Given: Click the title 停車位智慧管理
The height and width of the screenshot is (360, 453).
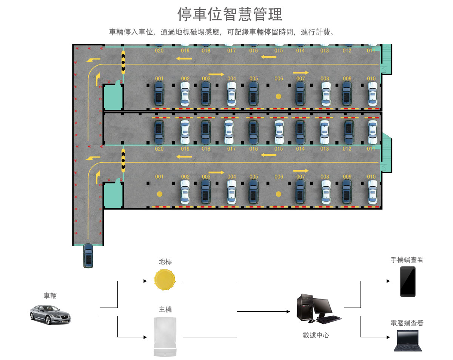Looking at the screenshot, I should pyautogui.click(x=230, y=15).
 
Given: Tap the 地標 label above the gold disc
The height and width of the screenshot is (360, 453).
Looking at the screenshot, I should pyautogui.click(x=165, y=262).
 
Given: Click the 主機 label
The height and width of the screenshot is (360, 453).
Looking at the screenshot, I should pyautogui.click(x=165, y=309).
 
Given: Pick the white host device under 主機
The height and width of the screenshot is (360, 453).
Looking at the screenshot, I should pyautogui.click(x=165, y=337).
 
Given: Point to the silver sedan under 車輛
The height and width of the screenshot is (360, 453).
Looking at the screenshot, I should pyautogui.click(x=50, y=314).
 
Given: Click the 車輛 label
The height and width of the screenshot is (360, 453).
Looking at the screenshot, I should pyautogui.click(x=50, y=295).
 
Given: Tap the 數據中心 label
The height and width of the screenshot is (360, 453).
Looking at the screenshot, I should pyautogui.click(x=316, y=335).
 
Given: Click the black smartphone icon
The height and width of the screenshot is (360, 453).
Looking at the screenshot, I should pyautogui.click(x=408, y=282).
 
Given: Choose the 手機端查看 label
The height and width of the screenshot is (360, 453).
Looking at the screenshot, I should pyautogui.click(x=407, y=260).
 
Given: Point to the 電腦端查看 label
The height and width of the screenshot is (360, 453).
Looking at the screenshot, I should pyautogui.click(x=407, y=323).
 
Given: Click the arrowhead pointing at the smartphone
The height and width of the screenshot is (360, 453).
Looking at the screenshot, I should pyautogui.click(x=387, y=281).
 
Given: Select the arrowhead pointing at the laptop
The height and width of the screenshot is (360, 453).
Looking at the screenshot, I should pyautogui.click(x=387, y=337).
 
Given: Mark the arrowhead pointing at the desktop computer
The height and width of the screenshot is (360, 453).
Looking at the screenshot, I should pyautogui.click(x=288, y=312).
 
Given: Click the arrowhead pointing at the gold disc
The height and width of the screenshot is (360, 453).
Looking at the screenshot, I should pyautogui.click(x=145, y=281).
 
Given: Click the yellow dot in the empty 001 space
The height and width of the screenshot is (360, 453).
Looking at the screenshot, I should pyautogui.click(x=160, y=194).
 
